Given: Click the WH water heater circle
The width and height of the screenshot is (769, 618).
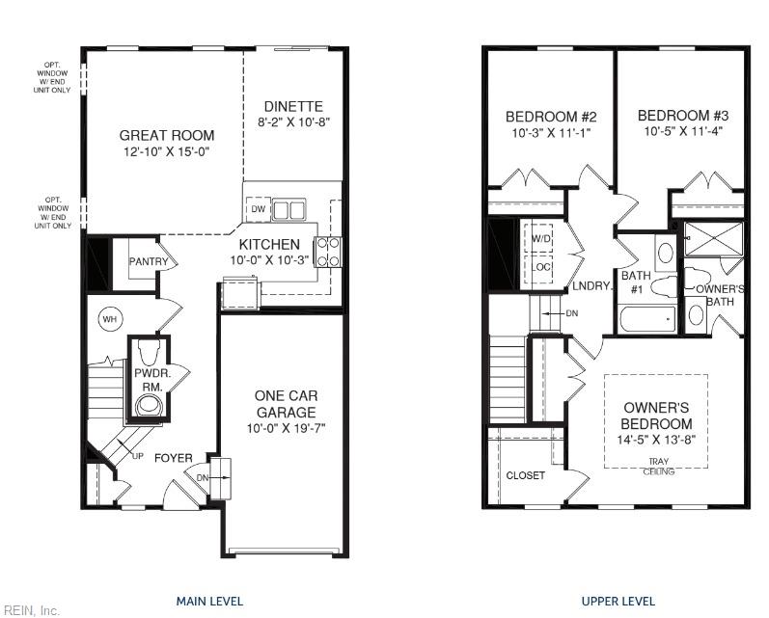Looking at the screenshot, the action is (x=110, y=319).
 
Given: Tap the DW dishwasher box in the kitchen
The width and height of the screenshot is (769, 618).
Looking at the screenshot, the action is (x=258, y=209).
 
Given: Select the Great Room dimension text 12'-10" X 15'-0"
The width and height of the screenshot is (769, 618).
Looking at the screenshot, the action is (x=167, y=151).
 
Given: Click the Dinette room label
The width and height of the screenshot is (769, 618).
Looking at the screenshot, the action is (x=293, y=106).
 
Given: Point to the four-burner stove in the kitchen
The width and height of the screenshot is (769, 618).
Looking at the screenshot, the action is (x=328, y=252).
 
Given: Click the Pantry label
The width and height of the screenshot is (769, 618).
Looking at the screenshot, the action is (x=149, y=261).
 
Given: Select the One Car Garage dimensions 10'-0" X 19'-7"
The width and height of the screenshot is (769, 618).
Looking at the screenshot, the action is (x=286, y=429).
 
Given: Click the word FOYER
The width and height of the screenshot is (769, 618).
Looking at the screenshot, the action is (x=174, y=458).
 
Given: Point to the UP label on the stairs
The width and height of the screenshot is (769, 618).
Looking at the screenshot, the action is (x=138, y=456).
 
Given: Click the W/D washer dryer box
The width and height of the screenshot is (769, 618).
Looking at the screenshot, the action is (x=541, y=239).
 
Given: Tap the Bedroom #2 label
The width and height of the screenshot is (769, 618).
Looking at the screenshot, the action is (x=551, y=117).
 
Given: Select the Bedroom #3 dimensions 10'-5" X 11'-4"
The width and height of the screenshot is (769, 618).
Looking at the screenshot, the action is (x=683, y=131).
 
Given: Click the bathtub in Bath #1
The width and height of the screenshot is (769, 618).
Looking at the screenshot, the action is (x=647, y=319).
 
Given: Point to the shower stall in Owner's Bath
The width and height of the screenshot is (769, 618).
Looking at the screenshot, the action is (x=714, y=239).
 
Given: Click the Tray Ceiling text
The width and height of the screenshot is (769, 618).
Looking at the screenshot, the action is (x=658, y=467).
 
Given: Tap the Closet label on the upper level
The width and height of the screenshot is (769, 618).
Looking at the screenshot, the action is (x=525, y=475).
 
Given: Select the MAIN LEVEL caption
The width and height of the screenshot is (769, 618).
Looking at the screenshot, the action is (x=209, y=601).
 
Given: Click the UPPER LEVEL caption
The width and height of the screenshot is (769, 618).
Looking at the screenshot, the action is (x=618, y=601).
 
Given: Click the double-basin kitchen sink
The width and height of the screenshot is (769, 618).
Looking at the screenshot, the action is (x=289, y=210).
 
